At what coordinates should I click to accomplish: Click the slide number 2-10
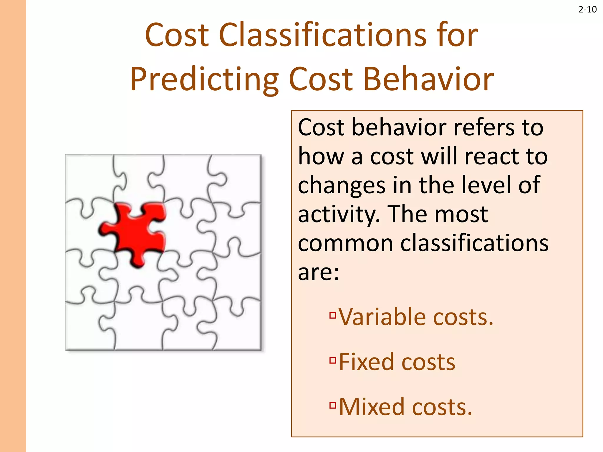587,10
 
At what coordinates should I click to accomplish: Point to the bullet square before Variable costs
333,315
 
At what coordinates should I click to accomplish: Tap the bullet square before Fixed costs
333,360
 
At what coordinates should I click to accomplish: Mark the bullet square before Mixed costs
333,405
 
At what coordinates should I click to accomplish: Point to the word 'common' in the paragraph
345,243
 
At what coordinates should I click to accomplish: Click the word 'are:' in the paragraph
318,272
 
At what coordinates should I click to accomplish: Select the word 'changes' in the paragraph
342,185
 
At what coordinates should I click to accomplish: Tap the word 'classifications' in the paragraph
474,243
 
